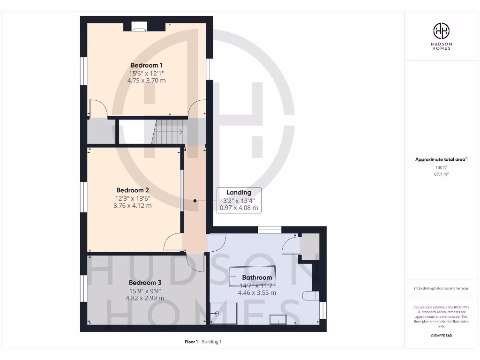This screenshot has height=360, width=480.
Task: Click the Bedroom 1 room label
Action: pos(146,65)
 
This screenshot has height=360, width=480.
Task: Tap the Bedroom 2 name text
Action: pos(133,190)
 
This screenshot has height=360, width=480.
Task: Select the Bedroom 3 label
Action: pos(145,283)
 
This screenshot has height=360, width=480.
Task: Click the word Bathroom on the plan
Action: pos(257,277)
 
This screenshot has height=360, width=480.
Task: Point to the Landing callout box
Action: pos(239,200)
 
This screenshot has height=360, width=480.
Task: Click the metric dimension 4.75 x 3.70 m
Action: pos(146,81)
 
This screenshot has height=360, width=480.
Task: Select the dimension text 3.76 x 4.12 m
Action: pos(133,205)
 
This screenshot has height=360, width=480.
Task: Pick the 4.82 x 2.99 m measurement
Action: pos(145,298)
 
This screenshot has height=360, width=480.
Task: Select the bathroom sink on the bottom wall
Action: pos(278,319)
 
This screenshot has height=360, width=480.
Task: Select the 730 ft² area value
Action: pos(441,167)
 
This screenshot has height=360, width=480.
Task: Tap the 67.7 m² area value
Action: pos(441,174)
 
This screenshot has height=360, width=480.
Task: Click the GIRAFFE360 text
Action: pos(441,336)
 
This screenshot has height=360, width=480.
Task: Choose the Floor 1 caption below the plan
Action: pos(191,342)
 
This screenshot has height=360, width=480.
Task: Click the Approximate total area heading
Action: pos(441,159)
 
